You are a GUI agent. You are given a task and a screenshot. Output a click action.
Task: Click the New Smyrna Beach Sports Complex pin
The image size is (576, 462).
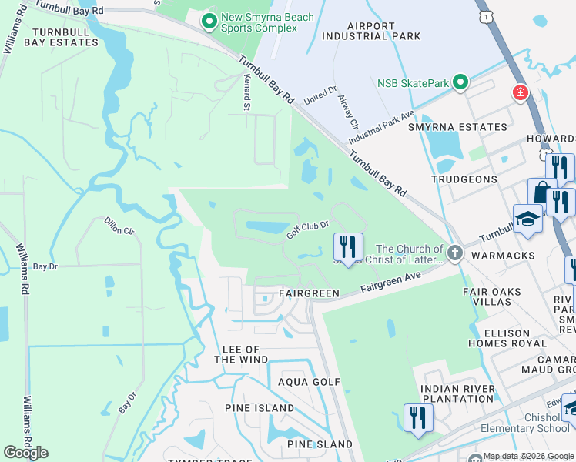click(x=208, y=22)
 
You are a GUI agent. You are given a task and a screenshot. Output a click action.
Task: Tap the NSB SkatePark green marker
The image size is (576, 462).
click(x=460, y=82)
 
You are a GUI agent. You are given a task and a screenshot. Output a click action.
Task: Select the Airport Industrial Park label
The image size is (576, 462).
click(x=371, y=30)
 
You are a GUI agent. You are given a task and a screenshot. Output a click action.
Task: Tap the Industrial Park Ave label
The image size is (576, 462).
click(x=381, y=128)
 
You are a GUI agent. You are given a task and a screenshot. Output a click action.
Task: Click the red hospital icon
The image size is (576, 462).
click(x=521, y=93)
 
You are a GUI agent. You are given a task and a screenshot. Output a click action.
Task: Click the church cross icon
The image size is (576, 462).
click(x=455, y=252)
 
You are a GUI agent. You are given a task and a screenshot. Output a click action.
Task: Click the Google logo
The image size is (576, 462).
click(x=25, y=452)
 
